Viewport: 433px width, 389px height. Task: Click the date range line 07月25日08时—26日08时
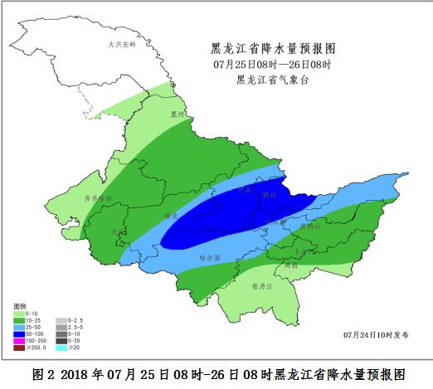(x=273, y=64)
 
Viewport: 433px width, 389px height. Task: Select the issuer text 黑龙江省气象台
(x=273, y=80)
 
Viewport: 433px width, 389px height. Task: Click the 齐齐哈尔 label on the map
(x=99, y=198)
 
